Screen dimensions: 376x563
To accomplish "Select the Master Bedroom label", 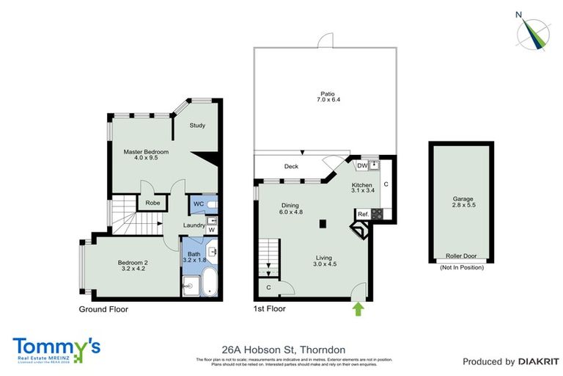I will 146,155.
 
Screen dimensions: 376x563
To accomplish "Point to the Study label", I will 197,126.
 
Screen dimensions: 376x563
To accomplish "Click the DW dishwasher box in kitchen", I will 362,166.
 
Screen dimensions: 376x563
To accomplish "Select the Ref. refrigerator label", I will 363,214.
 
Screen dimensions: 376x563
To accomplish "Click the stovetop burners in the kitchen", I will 378,214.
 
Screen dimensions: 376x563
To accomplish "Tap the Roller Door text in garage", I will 461,256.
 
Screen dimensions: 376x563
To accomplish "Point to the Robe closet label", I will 153,203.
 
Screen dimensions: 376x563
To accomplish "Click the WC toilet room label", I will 198,203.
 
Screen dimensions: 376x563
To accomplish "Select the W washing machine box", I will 212,229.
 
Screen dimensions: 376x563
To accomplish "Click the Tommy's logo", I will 56,347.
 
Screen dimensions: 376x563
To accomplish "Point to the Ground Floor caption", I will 103,309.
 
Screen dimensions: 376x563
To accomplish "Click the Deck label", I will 291,167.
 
